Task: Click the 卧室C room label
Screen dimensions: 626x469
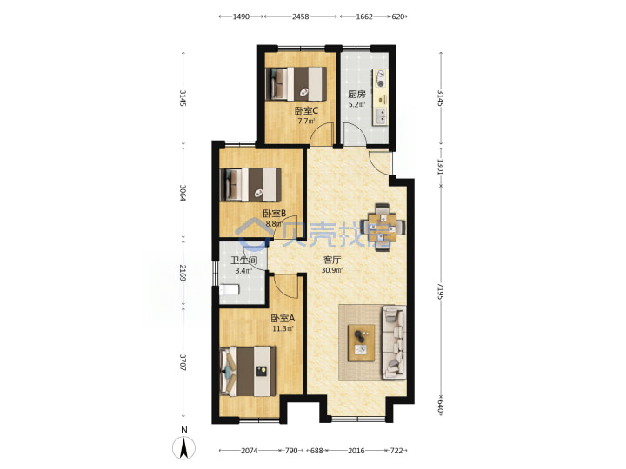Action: pyautogui.click(x=306, y=110)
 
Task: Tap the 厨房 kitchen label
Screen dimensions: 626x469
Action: pyautogui.click(x=356, y=94)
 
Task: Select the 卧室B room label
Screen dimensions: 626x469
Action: pyautogui.click(x=274, y=214)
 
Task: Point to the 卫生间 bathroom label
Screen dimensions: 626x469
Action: pyautogui.click(x=243, y=261)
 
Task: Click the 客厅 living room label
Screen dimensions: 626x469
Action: pyautogui.click(x=332, y=260)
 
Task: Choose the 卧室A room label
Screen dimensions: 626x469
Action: pyautogui.click(x=283, y=318)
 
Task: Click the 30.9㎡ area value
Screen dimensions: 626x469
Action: pyautogui.click(x=332, y=270)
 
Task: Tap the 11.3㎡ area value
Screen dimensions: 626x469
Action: pyautogui.click(x=283, y=328)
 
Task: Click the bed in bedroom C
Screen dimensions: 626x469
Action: pyautogui.click(x=296, y=83)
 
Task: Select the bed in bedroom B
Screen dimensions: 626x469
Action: pyautogui.click(x=250, y=185)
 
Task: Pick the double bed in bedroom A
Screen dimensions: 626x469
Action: pyautogui.click(x=248, y=372)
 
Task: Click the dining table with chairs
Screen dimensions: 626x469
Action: pyautogui.click(x=383, y=228)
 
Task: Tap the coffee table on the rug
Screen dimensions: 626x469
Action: pyautogui.click(x=362, y=343)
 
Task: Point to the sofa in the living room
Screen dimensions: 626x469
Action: pyautogui.click(x=394, y=342)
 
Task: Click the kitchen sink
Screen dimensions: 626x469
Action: pyautogui.click(x=382, y=116)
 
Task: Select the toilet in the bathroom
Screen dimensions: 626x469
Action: pyautogui.click(x=230, y=289)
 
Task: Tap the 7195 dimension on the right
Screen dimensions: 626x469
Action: pyautogui.click(x=440, y=291)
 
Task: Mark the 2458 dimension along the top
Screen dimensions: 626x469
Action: pyautogui.click(x=300, y=17)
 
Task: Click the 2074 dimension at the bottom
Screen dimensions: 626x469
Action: pyautogui.click(x=250, y=451)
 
